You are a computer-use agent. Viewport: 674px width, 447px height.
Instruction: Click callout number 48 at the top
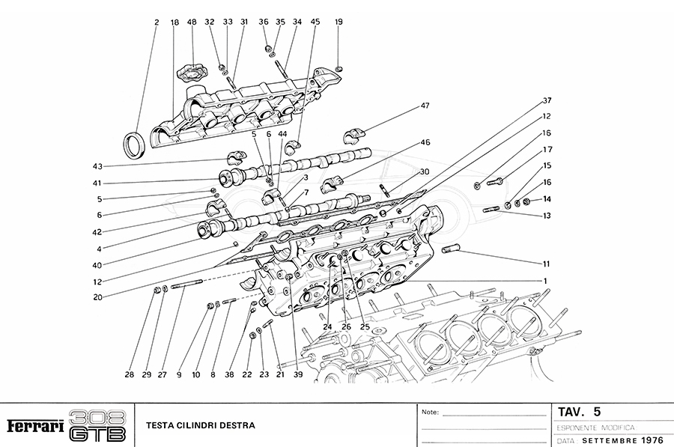[x=192, y=22]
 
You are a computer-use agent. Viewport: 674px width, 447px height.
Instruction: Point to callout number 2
[x=157, y=22]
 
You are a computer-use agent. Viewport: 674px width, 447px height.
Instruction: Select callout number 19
[x=338, y=22]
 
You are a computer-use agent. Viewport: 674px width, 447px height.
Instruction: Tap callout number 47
[x=425, y=106]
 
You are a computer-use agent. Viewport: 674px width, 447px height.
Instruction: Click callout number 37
[x=547, y=100]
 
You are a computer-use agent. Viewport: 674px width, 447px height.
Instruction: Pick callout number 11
[x=547, y=264]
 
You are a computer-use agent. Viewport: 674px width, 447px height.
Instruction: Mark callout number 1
[x=547, y=280]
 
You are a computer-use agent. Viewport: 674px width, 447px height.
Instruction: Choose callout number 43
[x=97, y=166]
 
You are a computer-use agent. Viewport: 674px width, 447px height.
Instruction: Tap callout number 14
[x=547, y=199]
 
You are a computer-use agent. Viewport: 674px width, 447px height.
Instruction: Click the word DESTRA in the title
[x=236, y=426]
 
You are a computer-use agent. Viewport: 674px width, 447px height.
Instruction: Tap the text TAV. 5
[x=580, y=412]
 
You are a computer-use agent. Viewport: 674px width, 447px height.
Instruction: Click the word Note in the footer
[x=430, y=413]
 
